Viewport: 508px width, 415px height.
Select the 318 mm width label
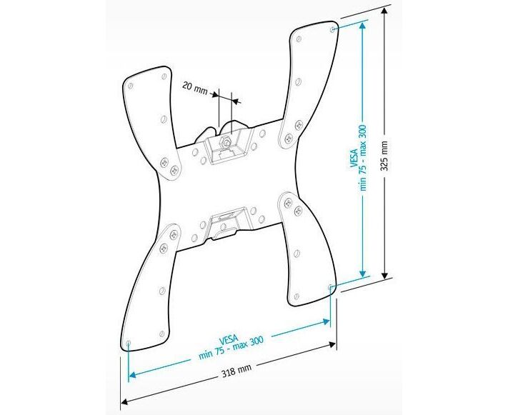coord(236,371)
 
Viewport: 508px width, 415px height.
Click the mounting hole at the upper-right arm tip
coord(335,29)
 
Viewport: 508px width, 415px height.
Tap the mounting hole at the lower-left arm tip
coord(127,344)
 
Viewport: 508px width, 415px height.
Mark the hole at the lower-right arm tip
coord(330,287)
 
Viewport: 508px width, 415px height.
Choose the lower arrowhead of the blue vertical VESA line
coord(364,274)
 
